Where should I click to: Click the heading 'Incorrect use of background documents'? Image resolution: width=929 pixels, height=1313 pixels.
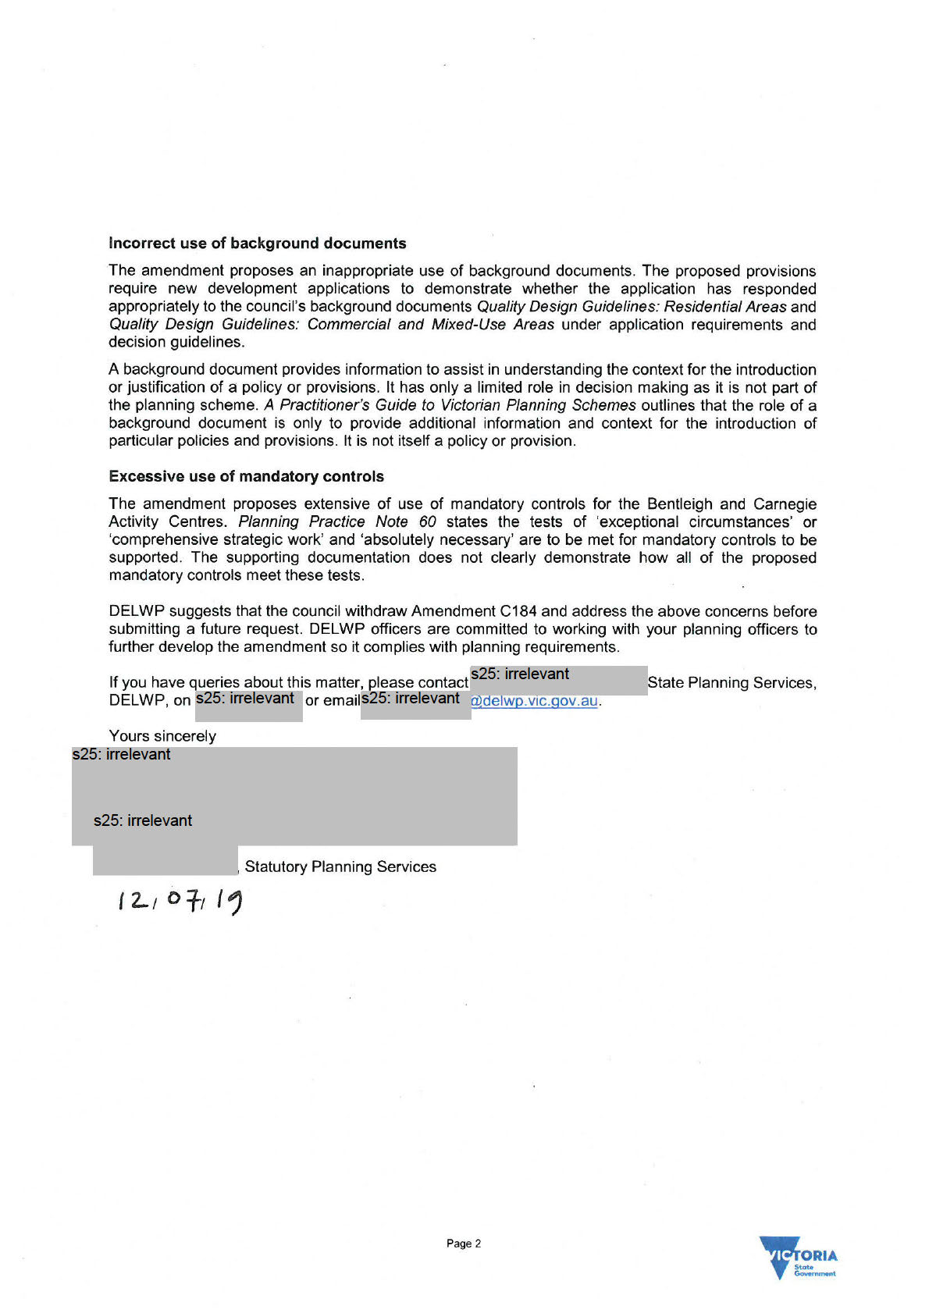pyautogui.click(x=257, y=244)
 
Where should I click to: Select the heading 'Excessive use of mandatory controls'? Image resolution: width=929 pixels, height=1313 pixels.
pyautogui.click(x=246, y=476)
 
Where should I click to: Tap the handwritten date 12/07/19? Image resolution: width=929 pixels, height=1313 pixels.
pyautogui.click(x=180, y=901)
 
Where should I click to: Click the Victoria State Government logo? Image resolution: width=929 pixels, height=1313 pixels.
pyautogui.click(x=797, y=1256)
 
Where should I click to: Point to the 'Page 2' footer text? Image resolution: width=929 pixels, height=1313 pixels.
pyautogui.click(x=464, y=1244)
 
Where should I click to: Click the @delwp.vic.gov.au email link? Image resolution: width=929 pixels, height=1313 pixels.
pyautogui.click(x=535, y=701)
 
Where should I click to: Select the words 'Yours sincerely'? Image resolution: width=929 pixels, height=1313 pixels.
pyautogui.click(x=162, y=736)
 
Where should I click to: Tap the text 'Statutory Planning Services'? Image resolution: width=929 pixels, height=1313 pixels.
pyautogui.click(x=340, y=866)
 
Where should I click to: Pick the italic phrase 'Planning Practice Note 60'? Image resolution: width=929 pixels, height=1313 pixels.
pyautogui.click(x=337, y=521)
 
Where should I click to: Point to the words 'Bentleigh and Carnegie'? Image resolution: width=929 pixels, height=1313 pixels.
pyautogui.click(x=731, y=503)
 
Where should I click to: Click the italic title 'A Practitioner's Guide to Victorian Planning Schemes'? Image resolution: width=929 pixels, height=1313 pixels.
pyautogui.click(x=450, y=405)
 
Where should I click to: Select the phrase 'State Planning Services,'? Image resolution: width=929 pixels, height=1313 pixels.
pyautogui.click(x=731, y=683)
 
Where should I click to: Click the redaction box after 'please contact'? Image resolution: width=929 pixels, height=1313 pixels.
pyautogui.click(x=558, y=681)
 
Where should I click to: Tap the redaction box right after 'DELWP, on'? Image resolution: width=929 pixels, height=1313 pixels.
pyautogui.click(x=248, y=706)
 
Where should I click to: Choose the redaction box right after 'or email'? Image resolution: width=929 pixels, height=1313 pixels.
pyautogui.click(x=415, y=704)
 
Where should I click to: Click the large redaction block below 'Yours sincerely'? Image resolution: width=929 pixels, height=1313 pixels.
pyautogui.click(x=294, y=795)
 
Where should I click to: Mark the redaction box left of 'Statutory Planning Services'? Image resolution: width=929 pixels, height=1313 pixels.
pyautogui.click(x=165, y=860)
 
